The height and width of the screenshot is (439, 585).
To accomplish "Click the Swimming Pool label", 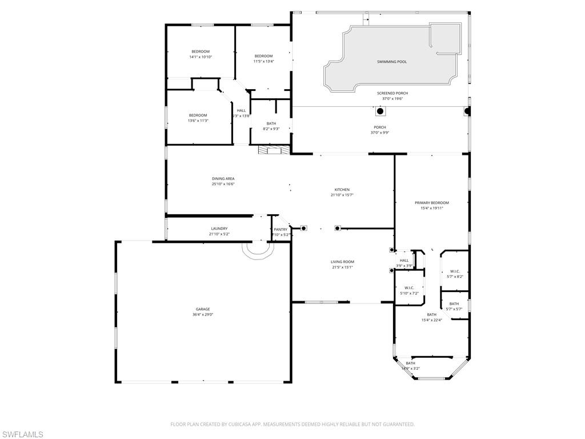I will (392, 61).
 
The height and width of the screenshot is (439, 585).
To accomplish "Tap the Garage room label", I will (203, 309).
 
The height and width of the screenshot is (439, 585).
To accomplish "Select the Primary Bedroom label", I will (431, 203).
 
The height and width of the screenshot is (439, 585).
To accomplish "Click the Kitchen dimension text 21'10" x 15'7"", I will (342, 195).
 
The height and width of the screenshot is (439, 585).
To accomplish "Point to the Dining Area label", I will (223, 178).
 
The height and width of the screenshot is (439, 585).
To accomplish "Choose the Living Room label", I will (343, 262).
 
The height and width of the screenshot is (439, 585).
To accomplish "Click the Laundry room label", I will (219, 229).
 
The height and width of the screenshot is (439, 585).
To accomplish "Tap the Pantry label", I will (281, 229).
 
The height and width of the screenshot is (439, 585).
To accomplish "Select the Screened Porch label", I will (392, 93).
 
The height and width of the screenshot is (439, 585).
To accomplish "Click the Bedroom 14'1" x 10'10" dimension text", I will (201, 57).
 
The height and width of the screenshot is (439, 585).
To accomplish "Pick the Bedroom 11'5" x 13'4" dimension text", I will (263, 61).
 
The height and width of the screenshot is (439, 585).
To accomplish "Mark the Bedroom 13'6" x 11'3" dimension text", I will (198, 121).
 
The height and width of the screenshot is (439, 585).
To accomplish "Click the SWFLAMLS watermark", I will (22, 434).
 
